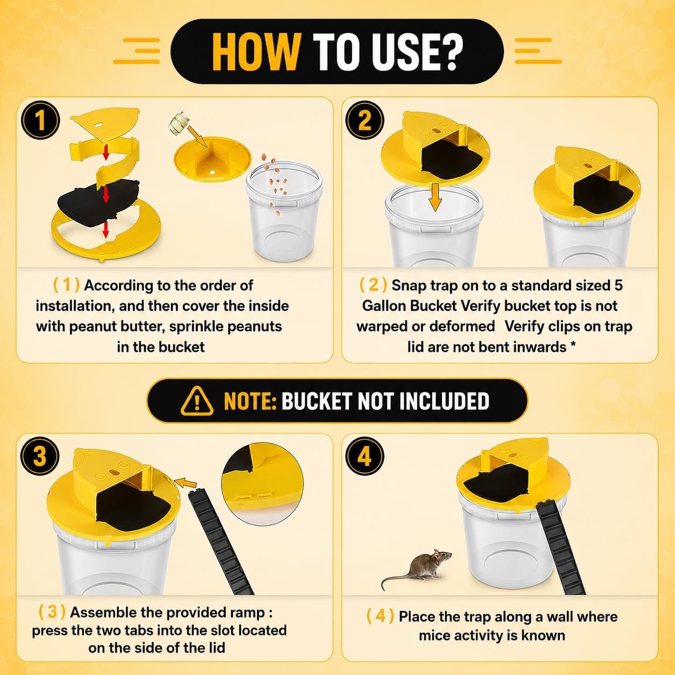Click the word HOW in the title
(x=256, y=52)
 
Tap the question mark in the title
(x=449, y=52)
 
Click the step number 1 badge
(x=40, y=120)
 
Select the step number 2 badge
(x=364, y=120)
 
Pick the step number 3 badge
(x=40, y=456)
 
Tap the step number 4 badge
(x=364, y=456)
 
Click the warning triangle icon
(x=197, y=401)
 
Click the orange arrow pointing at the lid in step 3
(x=185, y=483)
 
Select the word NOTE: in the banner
(x=250, y=401)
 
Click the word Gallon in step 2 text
(x=384, y=306)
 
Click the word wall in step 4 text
(x=563, y=616)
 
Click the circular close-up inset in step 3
(x=263, y=484)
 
